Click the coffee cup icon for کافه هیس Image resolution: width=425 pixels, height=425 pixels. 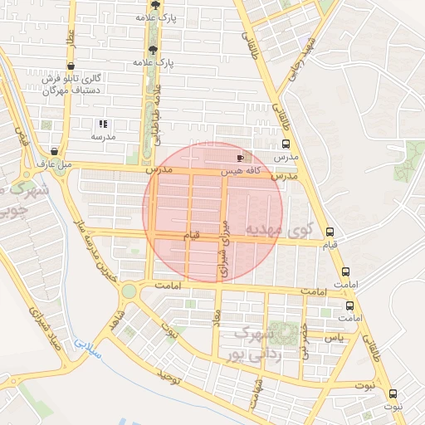[241, 157]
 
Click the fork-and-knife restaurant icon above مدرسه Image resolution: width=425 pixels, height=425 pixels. [104, 124]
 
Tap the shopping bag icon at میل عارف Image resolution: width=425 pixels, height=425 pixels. [54, 152]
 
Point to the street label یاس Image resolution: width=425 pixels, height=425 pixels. [334, 338]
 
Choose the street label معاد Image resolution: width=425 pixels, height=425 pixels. [217, 319]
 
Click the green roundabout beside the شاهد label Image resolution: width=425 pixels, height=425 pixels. [129, 291]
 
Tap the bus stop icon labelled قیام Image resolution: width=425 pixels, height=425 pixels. [330, 232]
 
